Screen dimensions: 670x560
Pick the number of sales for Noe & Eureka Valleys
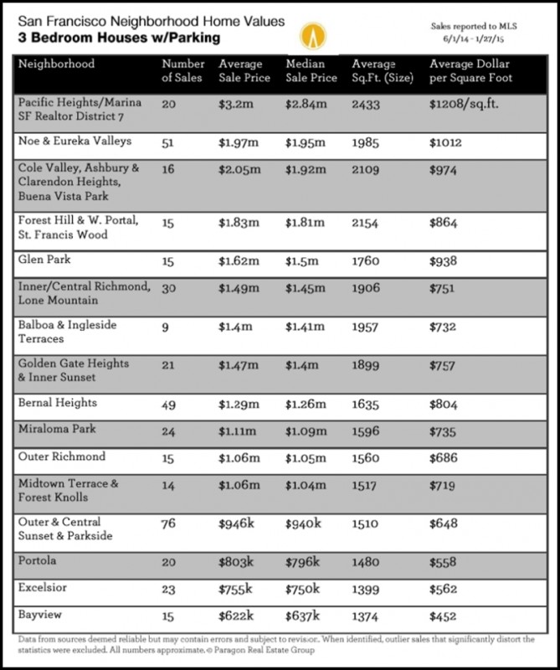(x=169, y=143)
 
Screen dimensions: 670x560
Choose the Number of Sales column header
(x=182, y=70)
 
